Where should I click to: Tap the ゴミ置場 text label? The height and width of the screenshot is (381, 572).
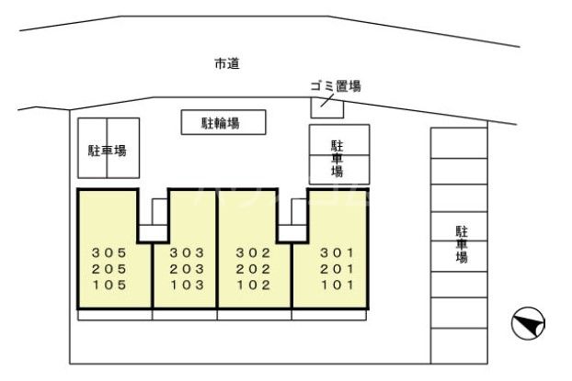click(x=335, y=86)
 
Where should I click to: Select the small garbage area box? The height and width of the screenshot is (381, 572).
click(x=326, y=106)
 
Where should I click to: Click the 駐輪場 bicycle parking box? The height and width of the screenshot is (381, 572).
click(x=221, y=122)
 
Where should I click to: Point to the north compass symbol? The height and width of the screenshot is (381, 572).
click(x=529, y=322)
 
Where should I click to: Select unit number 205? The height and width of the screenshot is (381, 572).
click(x=108, y=268)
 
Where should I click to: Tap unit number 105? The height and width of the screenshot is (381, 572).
click(x=108, y=285)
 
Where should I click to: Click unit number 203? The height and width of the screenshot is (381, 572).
click(x=186, y=268)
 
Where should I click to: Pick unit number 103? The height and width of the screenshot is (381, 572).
click(x=186, y=285)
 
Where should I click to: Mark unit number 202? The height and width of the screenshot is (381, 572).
click(x=253, y=268)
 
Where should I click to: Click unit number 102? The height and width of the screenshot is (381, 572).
click(x=253, y=285)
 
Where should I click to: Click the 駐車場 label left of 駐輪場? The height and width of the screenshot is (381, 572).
click(x=107, y=151)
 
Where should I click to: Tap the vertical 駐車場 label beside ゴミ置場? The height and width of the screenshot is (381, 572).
click(x=337, y=157)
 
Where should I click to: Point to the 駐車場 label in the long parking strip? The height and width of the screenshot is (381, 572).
click(x=461, y=244)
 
